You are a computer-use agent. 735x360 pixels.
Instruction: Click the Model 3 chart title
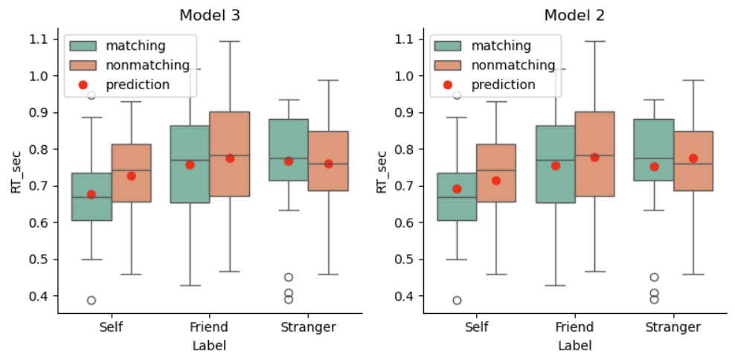coord(210,15)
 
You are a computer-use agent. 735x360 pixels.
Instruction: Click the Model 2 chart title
coord(575,15)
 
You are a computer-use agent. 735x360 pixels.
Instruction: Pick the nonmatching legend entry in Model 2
coord(518,65)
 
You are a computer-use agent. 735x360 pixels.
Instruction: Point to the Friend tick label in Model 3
coord(210,327)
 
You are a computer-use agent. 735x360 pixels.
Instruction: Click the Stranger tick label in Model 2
coord(673,327)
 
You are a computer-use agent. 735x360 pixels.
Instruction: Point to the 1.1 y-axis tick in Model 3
coord(39,39)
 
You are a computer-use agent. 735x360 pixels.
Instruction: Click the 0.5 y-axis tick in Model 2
coord(404,260)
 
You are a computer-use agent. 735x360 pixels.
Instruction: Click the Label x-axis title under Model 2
coord(576,345)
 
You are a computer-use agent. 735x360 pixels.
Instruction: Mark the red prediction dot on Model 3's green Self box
coord(92,194)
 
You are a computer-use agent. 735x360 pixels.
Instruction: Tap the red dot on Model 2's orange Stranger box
coord(693,158)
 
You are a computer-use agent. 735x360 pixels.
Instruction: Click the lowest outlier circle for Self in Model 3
coord(92,300)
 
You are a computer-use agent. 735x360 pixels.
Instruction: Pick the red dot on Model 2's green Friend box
coord(556,166)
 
